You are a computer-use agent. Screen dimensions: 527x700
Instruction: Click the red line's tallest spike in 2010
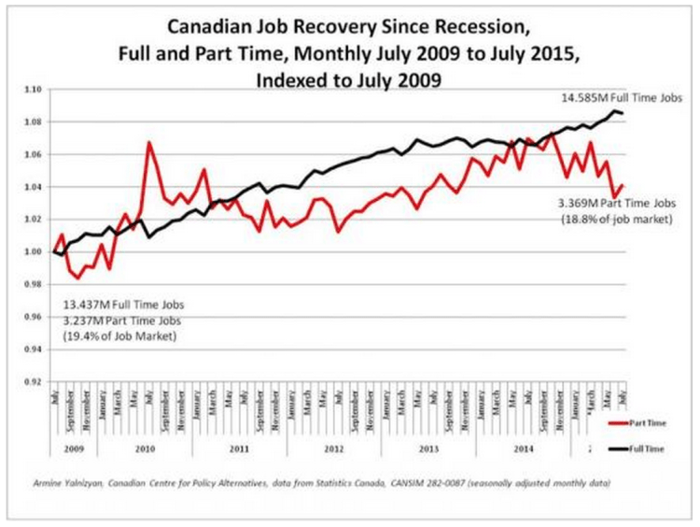148,143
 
